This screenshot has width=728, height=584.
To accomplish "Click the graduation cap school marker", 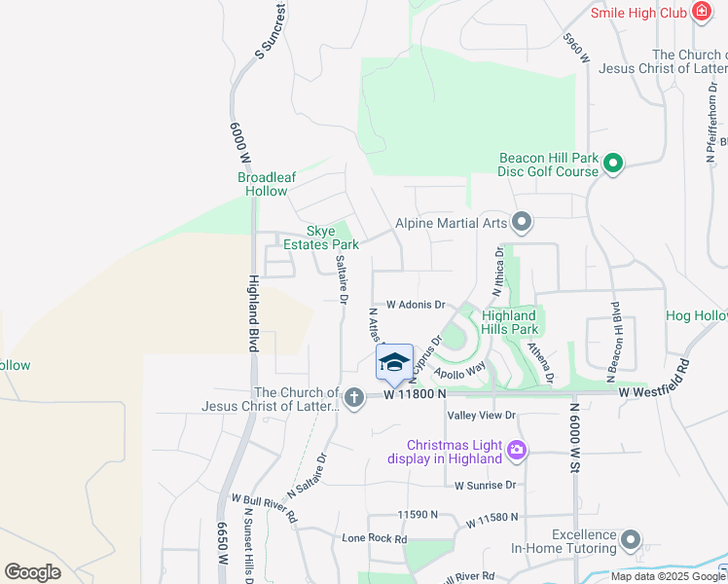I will click(394, 363).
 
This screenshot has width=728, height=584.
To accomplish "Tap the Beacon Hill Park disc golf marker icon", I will click(613, 164).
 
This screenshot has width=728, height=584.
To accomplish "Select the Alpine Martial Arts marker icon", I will click(522, 223).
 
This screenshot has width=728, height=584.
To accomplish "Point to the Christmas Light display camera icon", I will click(517, 451).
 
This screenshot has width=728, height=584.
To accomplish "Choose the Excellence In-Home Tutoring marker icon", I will click(632, 539).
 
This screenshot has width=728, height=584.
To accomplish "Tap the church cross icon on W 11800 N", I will click(353, 396).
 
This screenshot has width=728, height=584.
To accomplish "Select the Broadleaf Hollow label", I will click(263, 184).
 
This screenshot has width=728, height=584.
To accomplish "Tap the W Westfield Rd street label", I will click(653, 392).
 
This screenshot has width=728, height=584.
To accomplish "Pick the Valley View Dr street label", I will click(481, 416).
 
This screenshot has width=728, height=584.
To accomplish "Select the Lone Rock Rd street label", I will click(374, 537).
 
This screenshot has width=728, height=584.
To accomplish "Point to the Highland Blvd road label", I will click(253, 312).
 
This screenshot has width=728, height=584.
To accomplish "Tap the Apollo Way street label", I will click(460, 371).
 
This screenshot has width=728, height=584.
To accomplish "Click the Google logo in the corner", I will click(33, 571).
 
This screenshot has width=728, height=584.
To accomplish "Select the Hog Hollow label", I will click(696, 316).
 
